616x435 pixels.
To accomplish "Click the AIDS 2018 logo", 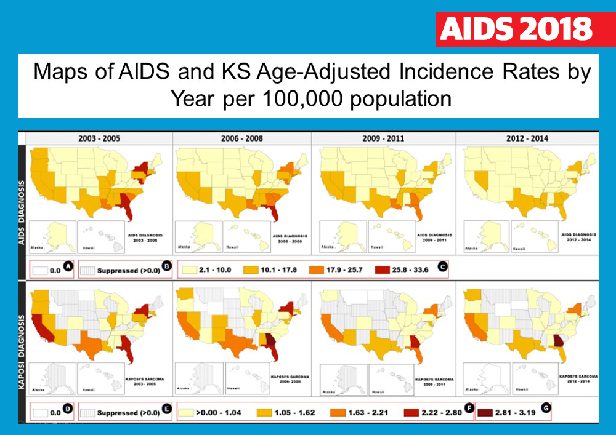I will click(517, 28).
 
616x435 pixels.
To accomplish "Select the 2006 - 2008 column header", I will click(242, 138).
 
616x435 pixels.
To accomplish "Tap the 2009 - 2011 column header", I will click(384, 138).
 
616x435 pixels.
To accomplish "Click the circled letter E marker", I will click(166, 409).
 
